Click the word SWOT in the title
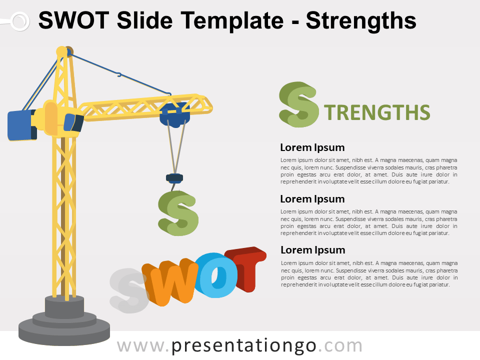coord(72,21)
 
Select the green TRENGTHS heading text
coord(377,113)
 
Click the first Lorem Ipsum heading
coord(312,147)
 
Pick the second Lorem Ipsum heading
coord(312,199)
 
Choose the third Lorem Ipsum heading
coord(312,250)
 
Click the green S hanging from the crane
coord(178,213)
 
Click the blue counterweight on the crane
coord(21,125)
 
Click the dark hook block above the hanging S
coord(174,177)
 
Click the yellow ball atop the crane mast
coord(61,51)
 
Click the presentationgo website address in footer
coord(239,346)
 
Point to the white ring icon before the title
coord(19,21)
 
